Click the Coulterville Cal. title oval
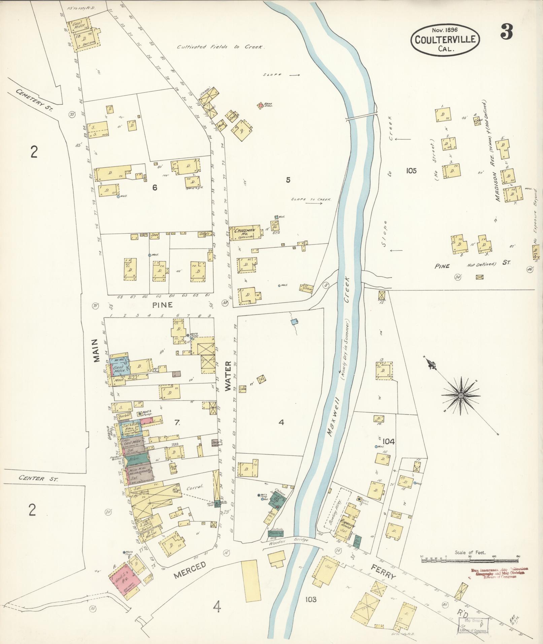point(445,40)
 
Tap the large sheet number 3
point(506,32)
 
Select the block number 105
point(411,171)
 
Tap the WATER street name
point(228,376)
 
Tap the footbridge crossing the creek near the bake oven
point(361,117)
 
